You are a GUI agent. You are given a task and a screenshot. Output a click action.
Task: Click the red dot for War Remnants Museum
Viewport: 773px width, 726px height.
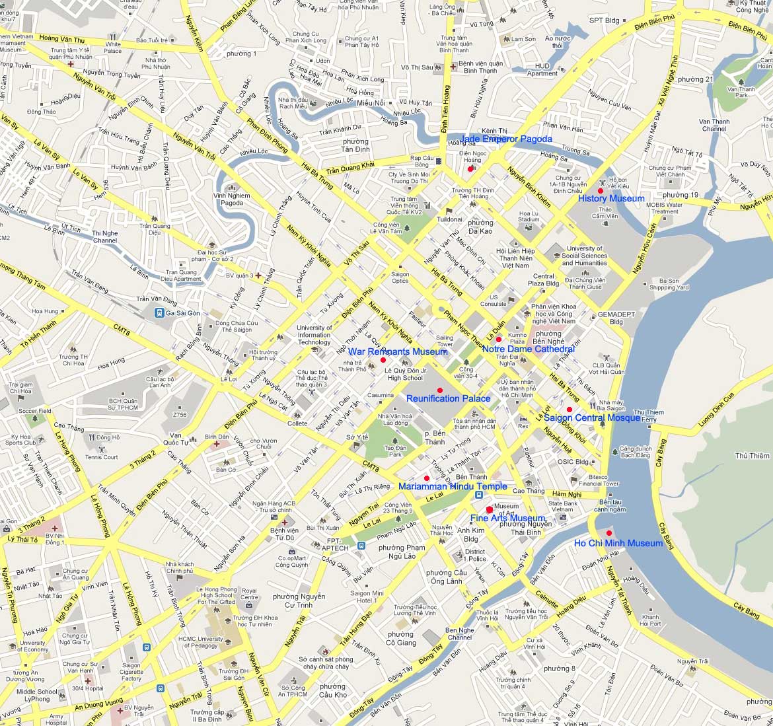click(383, 360)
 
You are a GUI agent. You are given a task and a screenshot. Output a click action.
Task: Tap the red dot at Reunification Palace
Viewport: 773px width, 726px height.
click(439, 390)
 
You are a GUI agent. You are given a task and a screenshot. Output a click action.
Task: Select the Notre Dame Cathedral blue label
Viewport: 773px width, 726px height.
click(528, 349)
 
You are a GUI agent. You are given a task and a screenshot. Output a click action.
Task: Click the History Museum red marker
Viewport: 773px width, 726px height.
click(601, 191)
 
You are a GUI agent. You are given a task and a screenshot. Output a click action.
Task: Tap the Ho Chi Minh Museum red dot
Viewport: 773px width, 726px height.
click(608, 534)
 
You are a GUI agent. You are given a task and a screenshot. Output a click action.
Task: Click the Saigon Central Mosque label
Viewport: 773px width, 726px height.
click(591, 417)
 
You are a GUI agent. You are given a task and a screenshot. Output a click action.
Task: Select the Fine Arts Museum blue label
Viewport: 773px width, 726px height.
click(507, 519)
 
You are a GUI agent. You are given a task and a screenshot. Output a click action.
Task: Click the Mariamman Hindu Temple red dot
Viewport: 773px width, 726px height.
click(427, 478)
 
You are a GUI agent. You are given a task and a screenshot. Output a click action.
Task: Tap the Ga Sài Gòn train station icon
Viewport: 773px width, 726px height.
click(159, 313)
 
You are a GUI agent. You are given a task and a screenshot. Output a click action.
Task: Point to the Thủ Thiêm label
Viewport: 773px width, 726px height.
click(752, 456)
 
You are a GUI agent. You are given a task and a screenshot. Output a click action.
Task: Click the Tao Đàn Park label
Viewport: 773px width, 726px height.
click(395, 451)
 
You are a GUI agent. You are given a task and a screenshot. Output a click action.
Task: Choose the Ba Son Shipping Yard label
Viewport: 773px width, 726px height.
click(669, 284)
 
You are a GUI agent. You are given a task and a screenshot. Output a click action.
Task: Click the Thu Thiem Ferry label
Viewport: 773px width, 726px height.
click(648, 416)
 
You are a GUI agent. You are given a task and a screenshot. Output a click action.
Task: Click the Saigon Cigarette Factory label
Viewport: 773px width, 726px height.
click(131, 672)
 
